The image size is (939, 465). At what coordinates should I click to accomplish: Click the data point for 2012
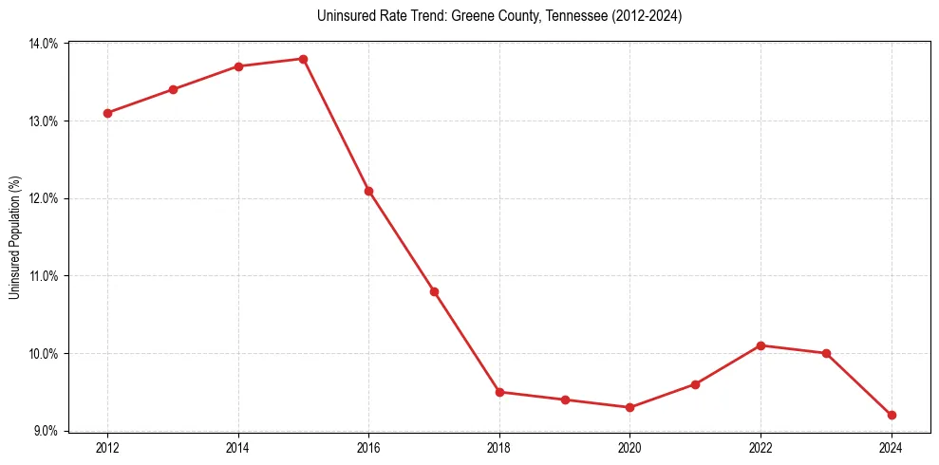click(107, 113)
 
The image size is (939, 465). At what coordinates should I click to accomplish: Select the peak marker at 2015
click(303, 59)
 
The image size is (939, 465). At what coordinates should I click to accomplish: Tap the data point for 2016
click(368, 191)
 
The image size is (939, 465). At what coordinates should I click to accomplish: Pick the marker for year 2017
click(434, 291)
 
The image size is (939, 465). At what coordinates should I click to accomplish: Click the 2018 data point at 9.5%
click(499, 392)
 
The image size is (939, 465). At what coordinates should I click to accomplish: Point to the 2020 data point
click(629, 407)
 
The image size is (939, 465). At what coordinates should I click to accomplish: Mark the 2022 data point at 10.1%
click(761, 345)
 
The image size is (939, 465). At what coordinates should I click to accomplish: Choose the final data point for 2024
click(892, 415)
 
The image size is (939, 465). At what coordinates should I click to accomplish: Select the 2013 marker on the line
click(173, 89)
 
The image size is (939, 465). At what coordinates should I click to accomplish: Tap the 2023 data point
click(826, 353)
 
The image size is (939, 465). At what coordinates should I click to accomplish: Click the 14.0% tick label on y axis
click(44, 44)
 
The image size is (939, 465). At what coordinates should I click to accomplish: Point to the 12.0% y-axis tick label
click(44, 198)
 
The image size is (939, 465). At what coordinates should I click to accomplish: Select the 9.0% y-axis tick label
click(47, 431)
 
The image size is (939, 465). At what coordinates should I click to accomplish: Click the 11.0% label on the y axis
click(44, 276)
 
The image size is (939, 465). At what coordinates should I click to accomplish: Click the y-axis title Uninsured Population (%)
click(14, 237)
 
